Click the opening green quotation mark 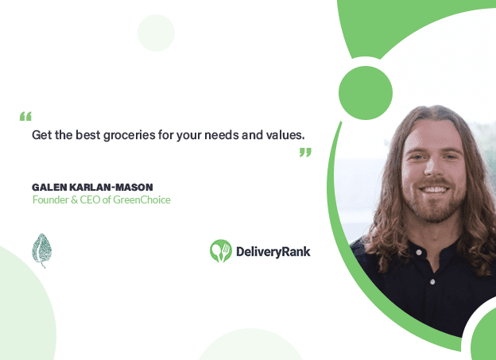coord(25,116)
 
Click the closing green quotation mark coord(305,152)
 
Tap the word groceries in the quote coord(130,135)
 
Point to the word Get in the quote coord(42,135)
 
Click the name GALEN coord(49,188)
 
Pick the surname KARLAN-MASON coord(111,188)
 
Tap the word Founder coord(51,199)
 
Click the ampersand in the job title coord(75,200)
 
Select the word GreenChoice coord(141,199)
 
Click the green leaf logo coord(41,250)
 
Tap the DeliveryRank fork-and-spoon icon coord(221,251)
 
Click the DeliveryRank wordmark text coord(273,252)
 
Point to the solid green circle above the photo coord(366,93)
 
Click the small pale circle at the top coord(156,33)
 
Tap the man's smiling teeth coord(434,190)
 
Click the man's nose coord(432,167)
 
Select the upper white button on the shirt coord(419,252)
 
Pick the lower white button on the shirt coord(432,281)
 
